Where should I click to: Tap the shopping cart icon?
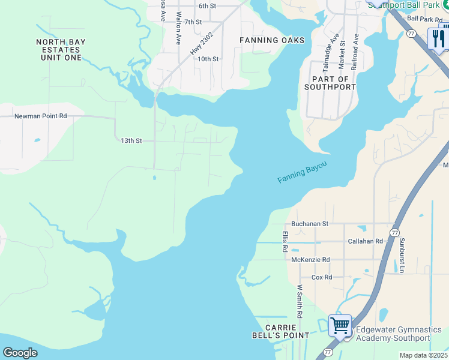340,326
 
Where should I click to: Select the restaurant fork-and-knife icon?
438,39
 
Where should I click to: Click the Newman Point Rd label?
41,115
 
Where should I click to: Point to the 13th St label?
131,140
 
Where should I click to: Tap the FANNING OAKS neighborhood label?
272,40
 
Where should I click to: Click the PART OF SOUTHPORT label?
330,83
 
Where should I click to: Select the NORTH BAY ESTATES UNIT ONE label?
61,50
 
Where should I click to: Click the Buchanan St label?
309,224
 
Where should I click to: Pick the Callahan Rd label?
365,241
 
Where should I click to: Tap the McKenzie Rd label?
310,260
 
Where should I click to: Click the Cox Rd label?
322,278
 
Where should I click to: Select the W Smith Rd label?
299,302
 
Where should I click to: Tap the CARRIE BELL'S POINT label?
282,331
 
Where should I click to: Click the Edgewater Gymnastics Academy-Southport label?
399,334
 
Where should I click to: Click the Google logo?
20,353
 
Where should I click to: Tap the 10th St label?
208,59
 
